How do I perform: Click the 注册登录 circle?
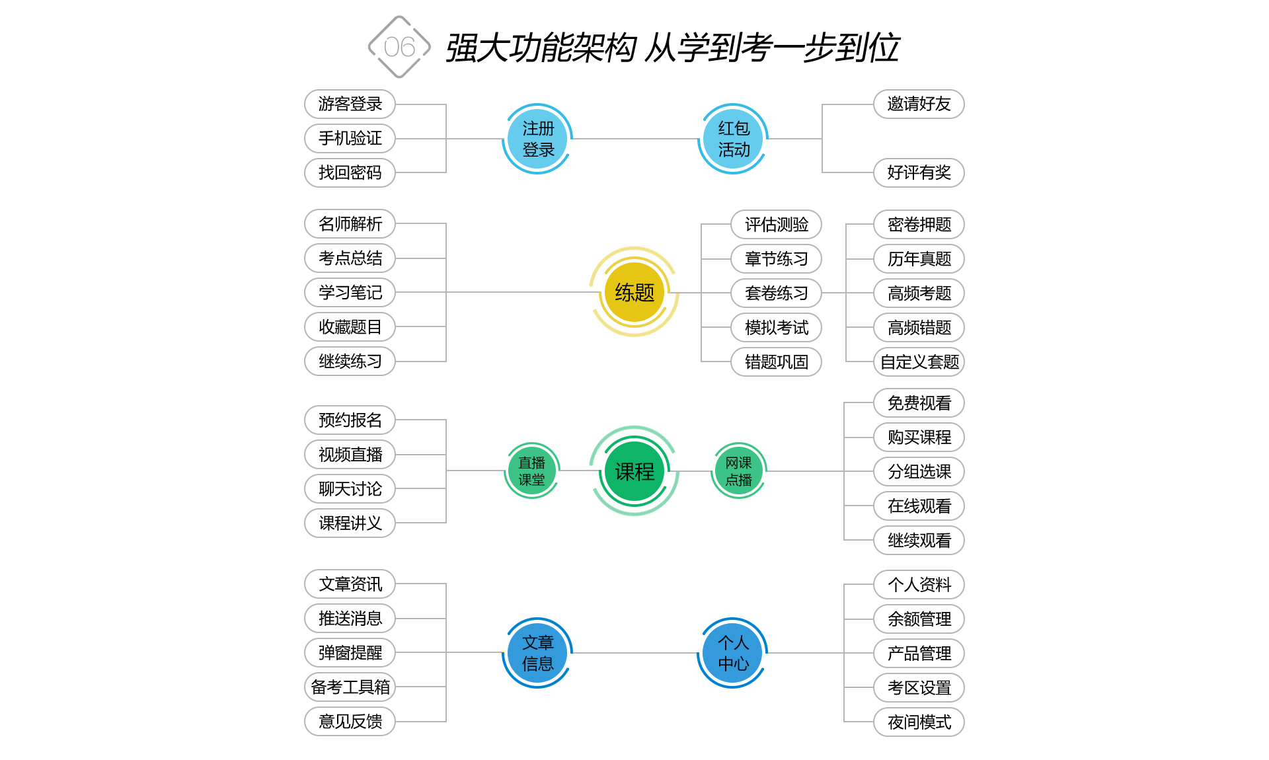537,139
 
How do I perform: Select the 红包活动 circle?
733,139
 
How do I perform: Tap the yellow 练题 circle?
634,291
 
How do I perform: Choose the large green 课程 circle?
634,471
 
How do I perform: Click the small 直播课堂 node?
532,471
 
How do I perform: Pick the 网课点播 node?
739,471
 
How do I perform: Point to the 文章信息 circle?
537,653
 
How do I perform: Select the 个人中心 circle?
733,653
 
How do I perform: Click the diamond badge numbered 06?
399,47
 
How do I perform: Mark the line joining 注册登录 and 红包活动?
634,139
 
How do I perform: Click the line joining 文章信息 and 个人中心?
634,653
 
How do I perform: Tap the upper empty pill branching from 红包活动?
919,104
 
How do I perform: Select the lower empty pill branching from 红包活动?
919,172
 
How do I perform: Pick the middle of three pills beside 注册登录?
350,139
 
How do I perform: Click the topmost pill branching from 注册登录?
350,104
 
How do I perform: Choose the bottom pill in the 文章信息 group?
350,721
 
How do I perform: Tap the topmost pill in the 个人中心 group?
919,584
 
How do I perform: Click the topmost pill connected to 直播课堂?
350,420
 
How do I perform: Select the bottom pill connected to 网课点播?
919,540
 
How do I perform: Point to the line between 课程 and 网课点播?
695,471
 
